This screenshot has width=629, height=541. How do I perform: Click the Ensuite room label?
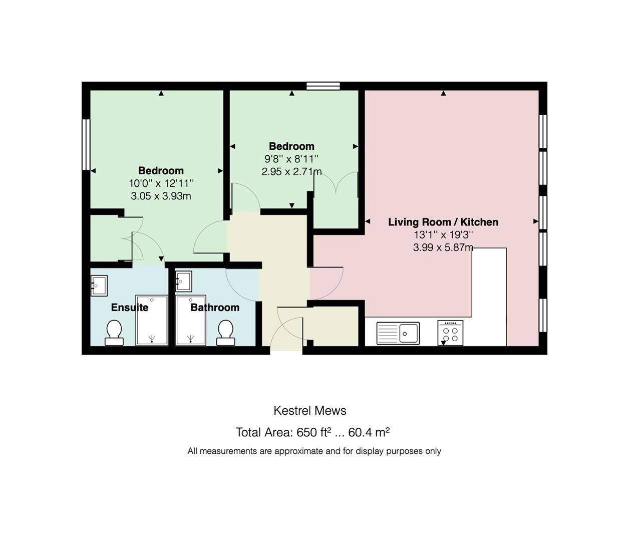tap(130, 308)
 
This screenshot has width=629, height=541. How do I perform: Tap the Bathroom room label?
tap(215, 308)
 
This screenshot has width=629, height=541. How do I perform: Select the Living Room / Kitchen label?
tap(443, 222)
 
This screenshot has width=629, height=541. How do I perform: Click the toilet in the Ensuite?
tap(114, 333)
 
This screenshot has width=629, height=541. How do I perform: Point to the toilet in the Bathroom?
tap(225, 333)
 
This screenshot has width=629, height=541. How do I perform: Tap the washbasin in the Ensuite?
tap(99, 286)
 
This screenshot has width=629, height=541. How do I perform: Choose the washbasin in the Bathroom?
tap(183, 282)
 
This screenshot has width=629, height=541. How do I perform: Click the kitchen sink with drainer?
tap(398, 334)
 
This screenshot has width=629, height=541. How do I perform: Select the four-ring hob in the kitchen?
tap(450, 333)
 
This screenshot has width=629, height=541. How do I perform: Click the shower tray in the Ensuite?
tap(152, 320)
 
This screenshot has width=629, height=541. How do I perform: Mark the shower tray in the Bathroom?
tap(191, 320)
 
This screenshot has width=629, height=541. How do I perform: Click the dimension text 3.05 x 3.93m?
tap(161, 196)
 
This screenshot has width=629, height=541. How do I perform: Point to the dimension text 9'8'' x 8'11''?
tap(291, 159)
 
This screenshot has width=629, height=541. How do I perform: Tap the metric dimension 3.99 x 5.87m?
tap(443, 247)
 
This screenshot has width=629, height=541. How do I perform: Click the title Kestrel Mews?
tap(310, 411)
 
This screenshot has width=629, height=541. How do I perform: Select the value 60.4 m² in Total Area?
tap(369, 432)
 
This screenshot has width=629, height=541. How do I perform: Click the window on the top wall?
tap(323, 86)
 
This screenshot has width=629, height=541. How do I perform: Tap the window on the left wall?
tap(86, 144)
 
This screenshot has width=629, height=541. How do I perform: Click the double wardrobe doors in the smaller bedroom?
tap(336, 183)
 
